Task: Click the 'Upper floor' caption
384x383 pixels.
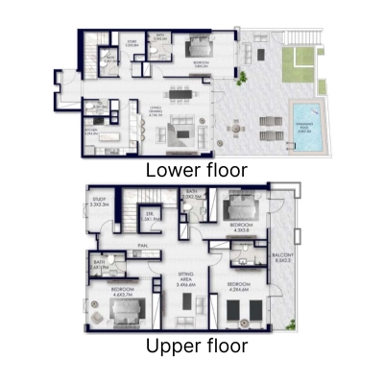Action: coord(196,345)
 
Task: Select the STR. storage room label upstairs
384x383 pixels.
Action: coord(150,217)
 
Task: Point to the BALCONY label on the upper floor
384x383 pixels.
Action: coord(285,256)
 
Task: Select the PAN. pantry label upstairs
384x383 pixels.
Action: coord(141,247)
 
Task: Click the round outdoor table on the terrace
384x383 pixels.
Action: coord(232,123)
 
